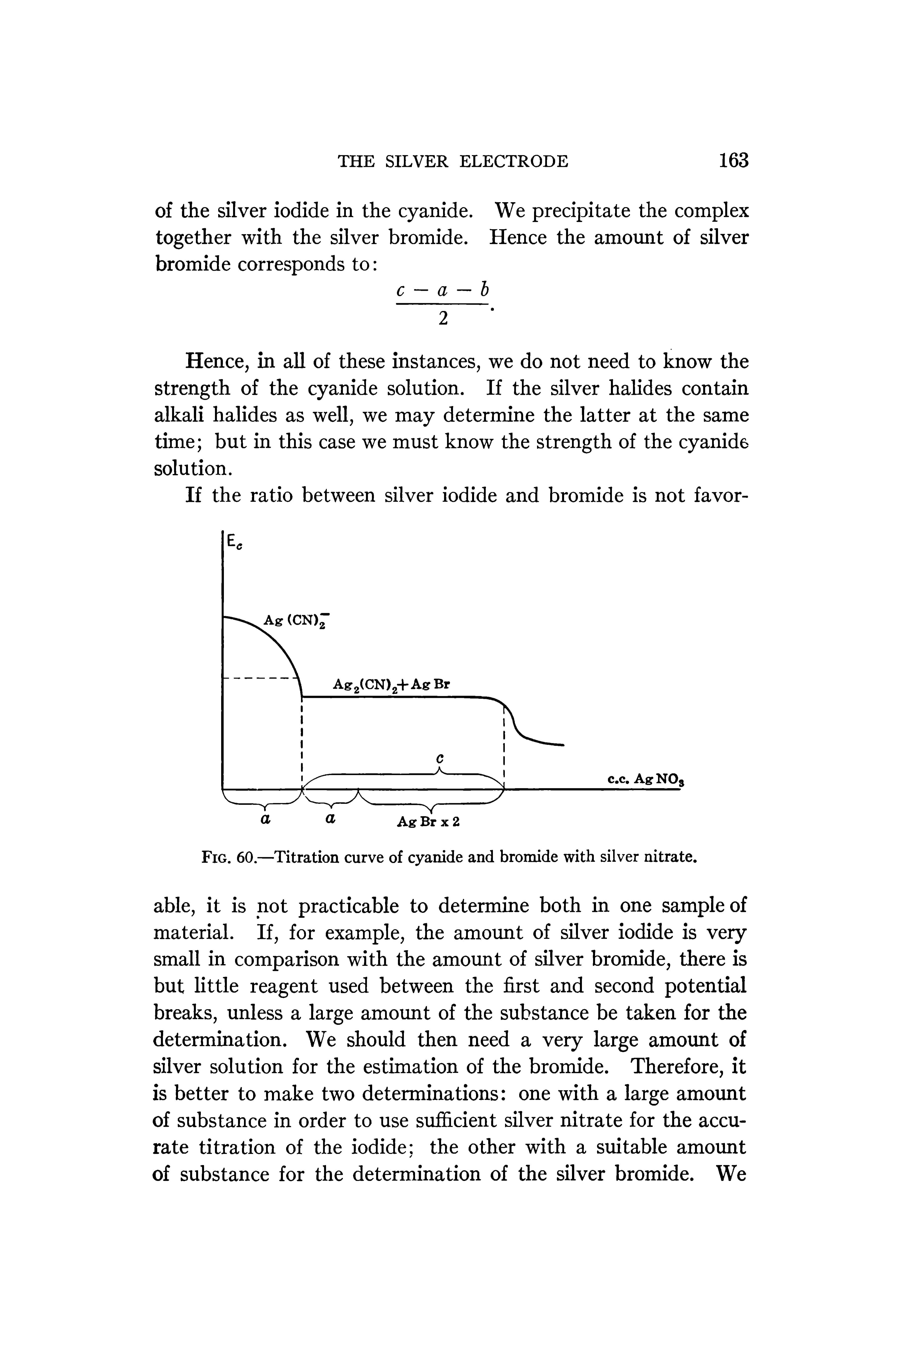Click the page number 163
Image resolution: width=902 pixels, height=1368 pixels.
[x=733, y=160]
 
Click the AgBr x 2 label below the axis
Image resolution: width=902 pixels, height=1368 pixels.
[x=429, y=822]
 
